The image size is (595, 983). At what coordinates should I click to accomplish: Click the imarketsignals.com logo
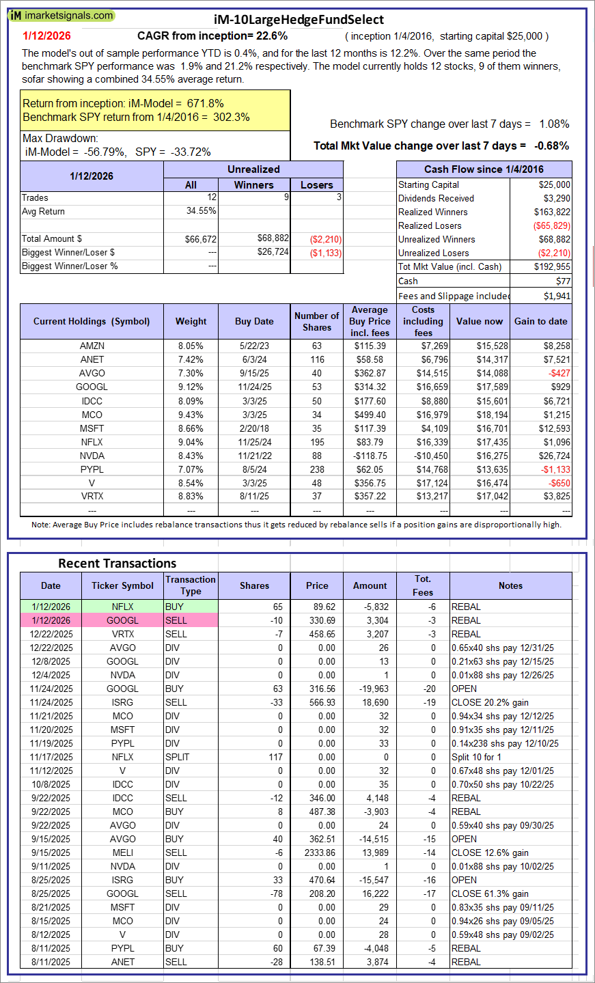[61, 15]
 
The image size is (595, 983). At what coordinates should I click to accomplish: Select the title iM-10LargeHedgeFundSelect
[299, 20]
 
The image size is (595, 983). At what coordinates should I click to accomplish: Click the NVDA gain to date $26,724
[552, 456]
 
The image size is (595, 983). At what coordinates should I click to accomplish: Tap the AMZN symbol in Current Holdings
[92, 346]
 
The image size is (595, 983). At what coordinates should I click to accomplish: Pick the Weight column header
[191, 321]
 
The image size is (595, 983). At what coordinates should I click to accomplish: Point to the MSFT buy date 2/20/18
[254, 428]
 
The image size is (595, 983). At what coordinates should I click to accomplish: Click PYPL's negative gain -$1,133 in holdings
[555, 469]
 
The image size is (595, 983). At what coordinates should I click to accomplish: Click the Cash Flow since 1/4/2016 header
[484, 169]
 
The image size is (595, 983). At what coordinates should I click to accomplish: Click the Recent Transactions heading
[117, 564]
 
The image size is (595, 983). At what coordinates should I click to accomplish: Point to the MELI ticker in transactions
[123, 853]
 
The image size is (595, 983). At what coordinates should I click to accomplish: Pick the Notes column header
[510, 585]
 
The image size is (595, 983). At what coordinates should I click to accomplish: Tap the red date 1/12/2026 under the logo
[46, 36]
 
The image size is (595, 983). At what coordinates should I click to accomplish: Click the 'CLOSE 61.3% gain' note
[490, 894]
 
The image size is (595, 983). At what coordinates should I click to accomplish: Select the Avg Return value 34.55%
[201, 211]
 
